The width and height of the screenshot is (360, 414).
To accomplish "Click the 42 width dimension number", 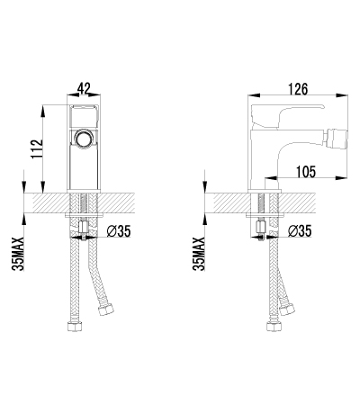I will tap(84, 88).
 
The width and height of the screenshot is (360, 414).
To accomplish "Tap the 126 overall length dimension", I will tap(299, 88).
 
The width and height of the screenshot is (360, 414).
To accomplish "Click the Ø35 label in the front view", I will tap(120, 232).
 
